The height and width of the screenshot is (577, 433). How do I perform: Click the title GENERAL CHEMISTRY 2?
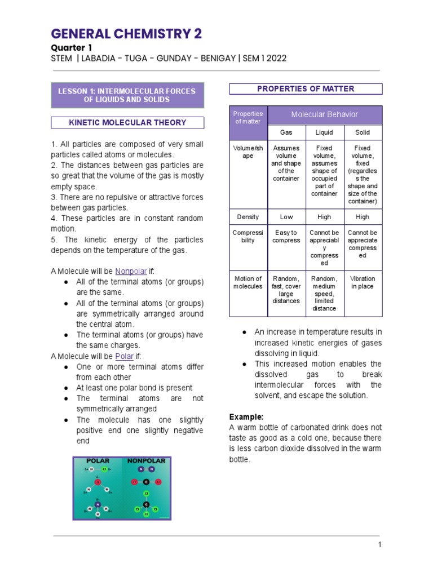pos(126,34)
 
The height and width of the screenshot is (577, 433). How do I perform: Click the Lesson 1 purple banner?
pos(127,95)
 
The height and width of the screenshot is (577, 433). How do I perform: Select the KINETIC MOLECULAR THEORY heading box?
pos(127,122)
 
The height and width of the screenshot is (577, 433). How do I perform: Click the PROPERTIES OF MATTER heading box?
pos(306,89)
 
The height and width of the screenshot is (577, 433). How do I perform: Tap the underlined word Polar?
pos(123,356)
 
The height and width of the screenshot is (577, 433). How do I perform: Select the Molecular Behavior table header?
pos(324,114)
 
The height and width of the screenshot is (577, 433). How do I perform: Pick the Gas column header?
pos(286,132)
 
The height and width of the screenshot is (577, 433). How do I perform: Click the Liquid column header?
pos(324,132)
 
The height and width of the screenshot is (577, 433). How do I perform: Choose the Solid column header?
pos(363,132)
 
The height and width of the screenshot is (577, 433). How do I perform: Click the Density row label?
pos(248,217)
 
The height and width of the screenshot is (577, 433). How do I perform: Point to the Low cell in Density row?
pos(286,217)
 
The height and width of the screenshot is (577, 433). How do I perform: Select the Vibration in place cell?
pos(363,282)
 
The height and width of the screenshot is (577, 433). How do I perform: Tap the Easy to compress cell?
pos(286,237)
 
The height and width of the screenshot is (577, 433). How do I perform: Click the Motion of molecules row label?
pos(248,282)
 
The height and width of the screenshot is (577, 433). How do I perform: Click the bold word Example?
pos(246,417)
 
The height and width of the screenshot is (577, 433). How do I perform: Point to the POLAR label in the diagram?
pos(98,461)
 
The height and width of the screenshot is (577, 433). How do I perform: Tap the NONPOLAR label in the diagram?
pos(146,461)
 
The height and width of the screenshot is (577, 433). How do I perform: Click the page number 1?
pos(380,544)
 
